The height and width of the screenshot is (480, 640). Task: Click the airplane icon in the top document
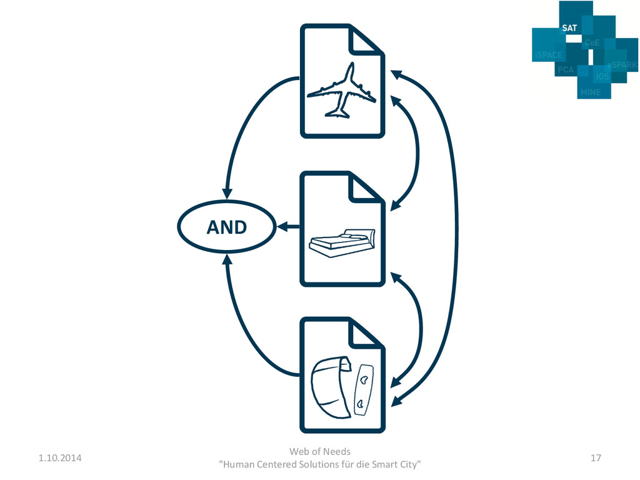[x=341, y=92]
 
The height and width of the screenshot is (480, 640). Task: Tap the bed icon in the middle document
[x=342, y=241]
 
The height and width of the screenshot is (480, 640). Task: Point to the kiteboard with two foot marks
[x=362, y=390]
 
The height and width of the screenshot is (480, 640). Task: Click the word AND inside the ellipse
[x=227, y=227]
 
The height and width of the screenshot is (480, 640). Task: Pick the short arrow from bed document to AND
[x=288, y=226]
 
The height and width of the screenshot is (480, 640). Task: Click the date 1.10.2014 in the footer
[x=59, y=458]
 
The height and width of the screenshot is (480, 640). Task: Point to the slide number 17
[x=596, y=458]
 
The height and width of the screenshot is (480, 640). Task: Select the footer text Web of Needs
[x=320, y=451]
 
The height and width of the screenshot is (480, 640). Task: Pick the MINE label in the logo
[x=590, y=92]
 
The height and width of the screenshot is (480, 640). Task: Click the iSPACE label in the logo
[x=548, y=55]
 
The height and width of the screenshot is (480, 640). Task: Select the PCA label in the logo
[x=566, y=70]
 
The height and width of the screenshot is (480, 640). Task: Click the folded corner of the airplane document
[x=365, y=41]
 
